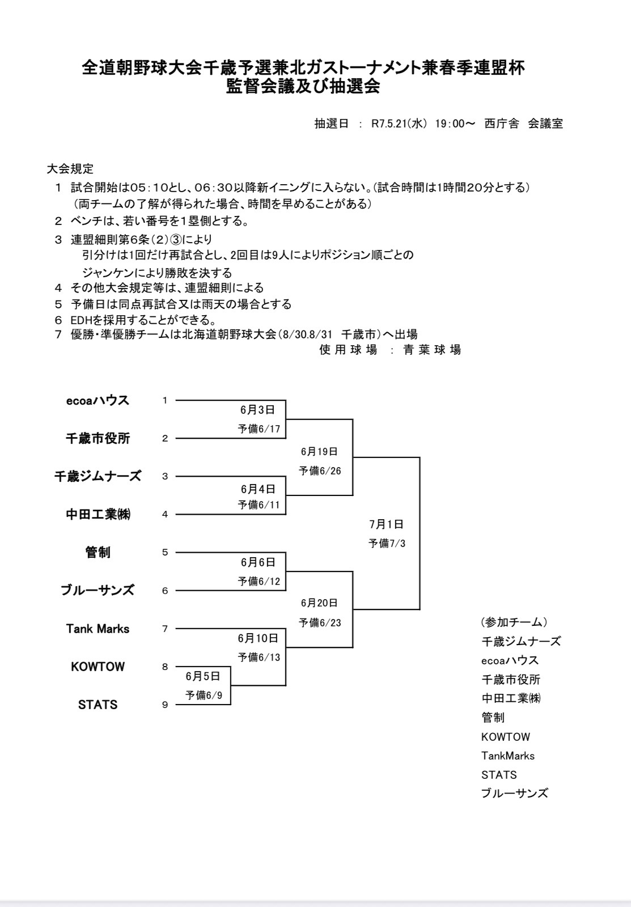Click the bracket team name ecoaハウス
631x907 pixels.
coord(98,400)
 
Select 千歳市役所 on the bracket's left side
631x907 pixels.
coord(98,438)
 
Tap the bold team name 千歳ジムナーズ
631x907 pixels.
coord(98,476)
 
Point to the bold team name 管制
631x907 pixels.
coord(98,552)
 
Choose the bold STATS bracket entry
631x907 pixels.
coord(98,705)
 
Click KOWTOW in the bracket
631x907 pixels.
coord(98,667)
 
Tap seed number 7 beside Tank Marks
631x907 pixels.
coord(165,629)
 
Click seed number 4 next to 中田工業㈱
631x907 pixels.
coord(165,514)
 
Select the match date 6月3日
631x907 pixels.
coord(257,410)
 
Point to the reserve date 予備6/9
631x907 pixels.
coord(204,696)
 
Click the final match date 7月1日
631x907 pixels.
coord(387,524)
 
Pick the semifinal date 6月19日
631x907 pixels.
coord(319,451)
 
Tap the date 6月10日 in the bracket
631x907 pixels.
coord(258,638)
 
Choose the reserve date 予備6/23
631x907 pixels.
coord(320,622)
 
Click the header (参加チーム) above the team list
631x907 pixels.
coord(514,622)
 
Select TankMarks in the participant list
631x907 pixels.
coord(508,756)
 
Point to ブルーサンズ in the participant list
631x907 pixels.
coord(514,794)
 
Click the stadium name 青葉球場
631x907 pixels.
coord(432,350)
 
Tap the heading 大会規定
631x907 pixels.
coord(70,168)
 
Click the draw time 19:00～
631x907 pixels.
coord(455,124)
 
